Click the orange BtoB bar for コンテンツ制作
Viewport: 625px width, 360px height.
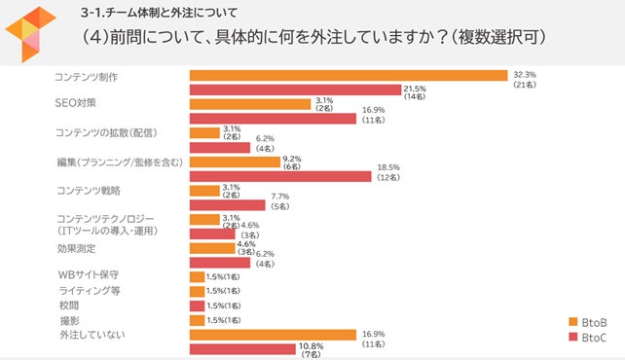(x=349, y=75)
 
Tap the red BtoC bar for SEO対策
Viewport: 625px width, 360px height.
(x=274, y=119)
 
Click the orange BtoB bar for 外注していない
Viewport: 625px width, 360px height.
(x=274, y=335)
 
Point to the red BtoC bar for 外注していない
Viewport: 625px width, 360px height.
(x=242, y=348)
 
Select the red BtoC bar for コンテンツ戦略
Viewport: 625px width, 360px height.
(x=228, y=205)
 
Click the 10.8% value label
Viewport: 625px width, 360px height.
(x=310, y=346)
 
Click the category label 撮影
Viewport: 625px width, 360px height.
(x=67, y=320)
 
